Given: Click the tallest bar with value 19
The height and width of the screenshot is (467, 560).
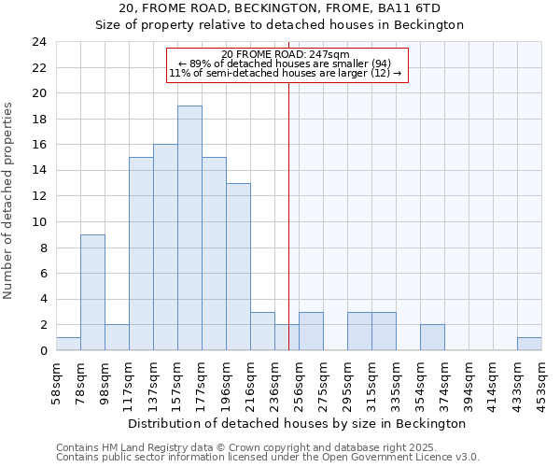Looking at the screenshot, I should click(x=189, y=228).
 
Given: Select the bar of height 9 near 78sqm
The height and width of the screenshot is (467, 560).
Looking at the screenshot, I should click(x=92, y=292).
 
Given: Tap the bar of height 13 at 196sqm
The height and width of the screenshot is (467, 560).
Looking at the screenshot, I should click(x=238, y=266).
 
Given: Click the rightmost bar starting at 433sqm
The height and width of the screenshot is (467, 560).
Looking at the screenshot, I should click(x=529, y=344).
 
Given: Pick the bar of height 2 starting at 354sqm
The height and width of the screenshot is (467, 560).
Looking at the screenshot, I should click(x=432, y=337).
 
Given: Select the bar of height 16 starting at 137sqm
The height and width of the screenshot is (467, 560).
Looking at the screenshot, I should click(x=165, y=248).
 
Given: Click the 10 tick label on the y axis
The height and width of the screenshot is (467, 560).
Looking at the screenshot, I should click(x=39, y=222).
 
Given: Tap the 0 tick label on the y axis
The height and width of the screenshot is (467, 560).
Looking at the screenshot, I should click(x=43, y=351).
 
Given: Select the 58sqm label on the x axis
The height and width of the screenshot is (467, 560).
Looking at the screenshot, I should click(x=56, y=378).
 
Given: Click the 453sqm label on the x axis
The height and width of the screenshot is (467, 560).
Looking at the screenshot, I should click(x=541, y=378).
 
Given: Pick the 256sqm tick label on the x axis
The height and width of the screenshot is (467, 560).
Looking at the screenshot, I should click(x=299, y=378).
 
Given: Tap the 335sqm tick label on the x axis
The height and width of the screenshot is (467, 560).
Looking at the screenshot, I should click(x=396, y=378).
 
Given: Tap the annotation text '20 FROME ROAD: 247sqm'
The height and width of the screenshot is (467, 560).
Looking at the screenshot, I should click(x=286, y=54).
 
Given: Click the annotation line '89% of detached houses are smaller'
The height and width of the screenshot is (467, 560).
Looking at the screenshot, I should click(x=286, y=64).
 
